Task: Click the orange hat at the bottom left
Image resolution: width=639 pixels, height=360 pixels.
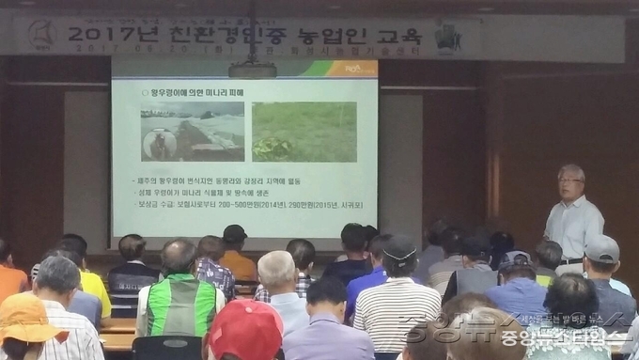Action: (x=25, y=320)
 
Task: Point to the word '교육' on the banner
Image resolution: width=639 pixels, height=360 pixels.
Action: (x=398, y=38)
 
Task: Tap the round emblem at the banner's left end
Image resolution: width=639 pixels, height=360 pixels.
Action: (x=39, y=36)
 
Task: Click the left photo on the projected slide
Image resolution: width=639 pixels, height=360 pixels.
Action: (x=191, y=131)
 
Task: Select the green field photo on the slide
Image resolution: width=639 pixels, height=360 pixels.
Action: (x=304, y=131)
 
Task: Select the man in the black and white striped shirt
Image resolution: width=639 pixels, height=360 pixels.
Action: (x=396, y=310)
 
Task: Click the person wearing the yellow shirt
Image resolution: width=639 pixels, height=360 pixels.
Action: (x=94, y=288)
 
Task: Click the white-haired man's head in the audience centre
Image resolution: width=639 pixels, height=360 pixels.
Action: (x=276, y=270)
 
